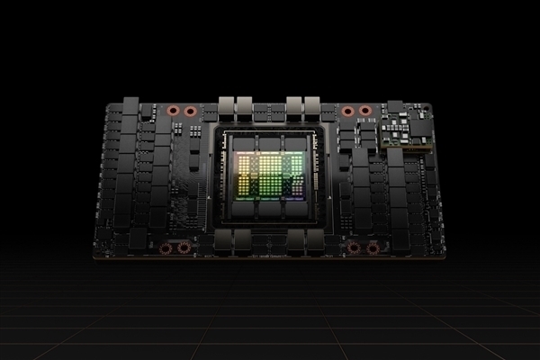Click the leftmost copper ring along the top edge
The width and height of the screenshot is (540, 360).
[173, 112]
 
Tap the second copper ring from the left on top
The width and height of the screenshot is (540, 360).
[191, 112]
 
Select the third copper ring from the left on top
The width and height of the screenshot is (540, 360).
[346, 112]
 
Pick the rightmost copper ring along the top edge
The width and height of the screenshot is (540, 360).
[364, 112]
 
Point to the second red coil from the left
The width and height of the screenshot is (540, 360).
[184, 247]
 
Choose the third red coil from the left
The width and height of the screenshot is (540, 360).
[354, 247]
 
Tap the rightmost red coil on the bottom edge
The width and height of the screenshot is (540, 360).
[371, 247]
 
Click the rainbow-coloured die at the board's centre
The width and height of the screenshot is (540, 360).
[270, 174]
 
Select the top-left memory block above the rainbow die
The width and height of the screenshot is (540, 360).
[243, 142]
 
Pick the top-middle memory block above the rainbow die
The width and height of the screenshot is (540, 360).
[270, 142]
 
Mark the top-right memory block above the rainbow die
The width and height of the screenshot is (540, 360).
[297, 142]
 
